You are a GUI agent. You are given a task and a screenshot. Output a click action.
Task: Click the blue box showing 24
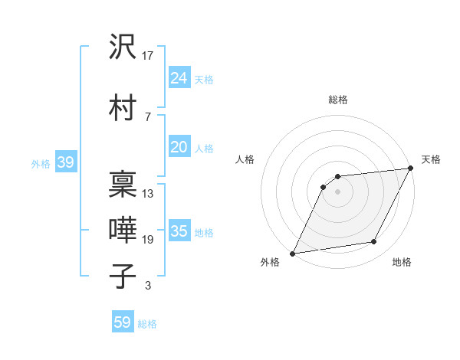[179, 78]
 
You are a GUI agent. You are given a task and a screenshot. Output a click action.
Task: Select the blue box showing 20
[179, 147]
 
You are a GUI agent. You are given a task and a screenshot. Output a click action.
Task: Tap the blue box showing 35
[179, 231]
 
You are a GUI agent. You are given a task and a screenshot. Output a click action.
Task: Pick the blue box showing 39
[65, 162]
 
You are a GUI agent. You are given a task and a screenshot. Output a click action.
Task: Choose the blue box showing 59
[123, 322]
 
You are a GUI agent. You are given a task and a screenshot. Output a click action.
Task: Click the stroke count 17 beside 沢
[148, 56]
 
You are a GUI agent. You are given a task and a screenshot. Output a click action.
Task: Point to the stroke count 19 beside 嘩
[148, 240]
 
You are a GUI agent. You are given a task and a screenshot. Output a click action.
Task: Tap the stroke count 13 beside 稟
[148, 194]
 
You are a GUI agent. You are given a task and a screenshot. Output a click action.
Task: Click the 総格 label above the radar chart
[338, 100]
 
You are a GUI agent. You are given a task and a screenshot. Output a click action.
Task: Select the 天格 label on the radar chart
[431, 159]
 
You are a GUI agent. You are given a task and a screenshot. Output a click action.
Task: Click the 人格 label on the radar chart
[245, 159]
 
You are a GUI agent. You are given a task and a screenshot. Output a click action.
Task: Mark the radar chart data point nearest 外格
[292, 254]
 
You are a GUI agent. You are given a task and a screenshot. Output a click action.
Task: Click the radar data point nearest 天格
[411, 169]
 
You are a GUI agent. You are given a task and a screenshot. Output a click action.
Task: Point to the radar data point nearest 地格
[374, 242]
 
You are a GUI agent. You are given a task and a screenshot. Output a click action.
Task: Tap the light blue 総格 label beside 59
[148, 324]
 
